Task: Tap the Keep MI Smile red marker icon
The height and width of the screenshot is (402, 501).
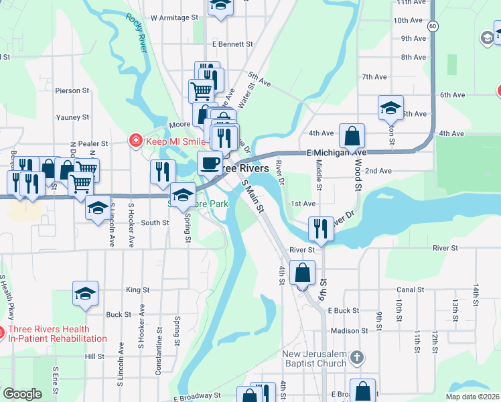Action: pos(135,141)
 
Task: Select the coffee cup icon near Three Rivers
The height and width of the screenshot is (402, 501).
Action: pos(210,161)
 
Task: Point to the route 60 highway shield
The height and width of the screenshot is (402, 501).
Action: pos(434,25)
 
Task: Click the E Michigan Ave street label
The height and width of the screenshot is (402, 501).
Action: pos(338,153)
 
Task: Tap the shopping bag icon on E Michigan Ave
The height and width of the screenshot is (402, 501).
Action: pos(352,136)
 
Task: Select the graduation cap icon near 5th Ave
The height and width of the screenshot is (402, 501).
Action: pos(390,107)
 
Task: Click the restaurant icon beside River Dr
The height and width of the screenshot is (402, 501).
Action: pos(321,228)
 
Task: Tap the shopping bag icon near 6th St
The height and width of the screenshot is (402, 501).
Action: pos(303,273)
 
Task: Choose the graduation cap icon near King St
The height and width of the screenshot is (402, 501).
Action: pos(86,293)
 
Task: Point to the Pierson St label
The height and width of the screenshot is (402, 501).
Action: pos(72,90)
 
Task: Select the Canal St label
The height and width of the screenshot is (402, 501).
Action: pos(411,290)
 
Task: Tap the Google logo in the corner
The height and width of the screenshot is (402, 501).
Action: pos(22,393)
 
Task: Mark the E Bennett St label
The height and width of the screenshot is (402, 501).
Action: pos(232,44)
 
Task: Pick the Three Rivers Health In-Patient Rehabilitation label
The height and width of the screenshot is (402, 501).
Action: pos(58,334)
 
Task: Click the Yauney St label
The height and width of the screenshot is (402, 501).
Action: pos(73,117)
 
